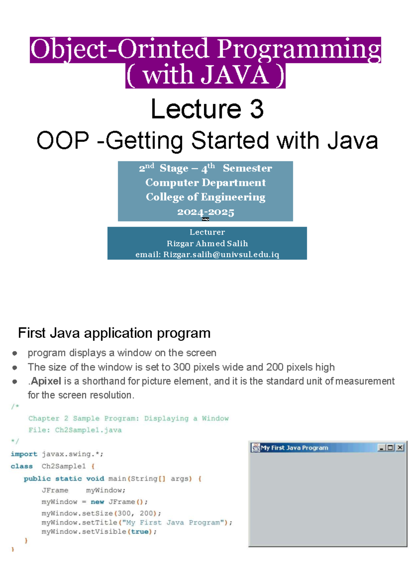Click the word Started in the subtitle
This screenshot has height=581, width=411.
coord(230,141)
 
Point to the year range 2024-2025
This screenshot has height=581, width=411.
coord(206,212)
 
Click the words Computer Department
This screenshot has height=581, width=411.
coord(206,182)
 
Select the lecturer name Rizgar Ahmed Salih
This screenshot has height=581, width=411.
coord(207,243)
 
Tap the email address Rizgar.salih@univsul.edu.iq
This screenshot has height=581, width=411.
coord(221,254)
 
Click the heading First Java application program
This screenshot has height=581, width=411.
coord(114,333)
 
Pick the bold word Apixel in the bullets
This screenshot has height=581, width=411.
coord(46,381)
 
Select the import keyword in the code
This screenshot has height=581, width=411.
coord(24,454)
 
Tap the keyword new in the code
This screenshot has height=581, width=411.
coord(97,502)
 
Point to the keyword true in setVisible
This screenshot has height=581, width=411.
coord(140,532)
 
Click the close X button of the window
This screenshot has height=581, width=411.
coord(400,447)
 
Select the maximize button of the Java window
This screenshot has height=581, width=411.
coord(390,447)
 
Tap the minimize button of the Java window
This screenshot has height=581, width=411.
coord(381,447)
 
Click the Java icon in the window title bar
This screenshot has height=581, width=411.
coord(256,447)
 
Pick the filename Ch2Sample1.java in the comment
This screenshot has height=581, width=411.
coord(88,430)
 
